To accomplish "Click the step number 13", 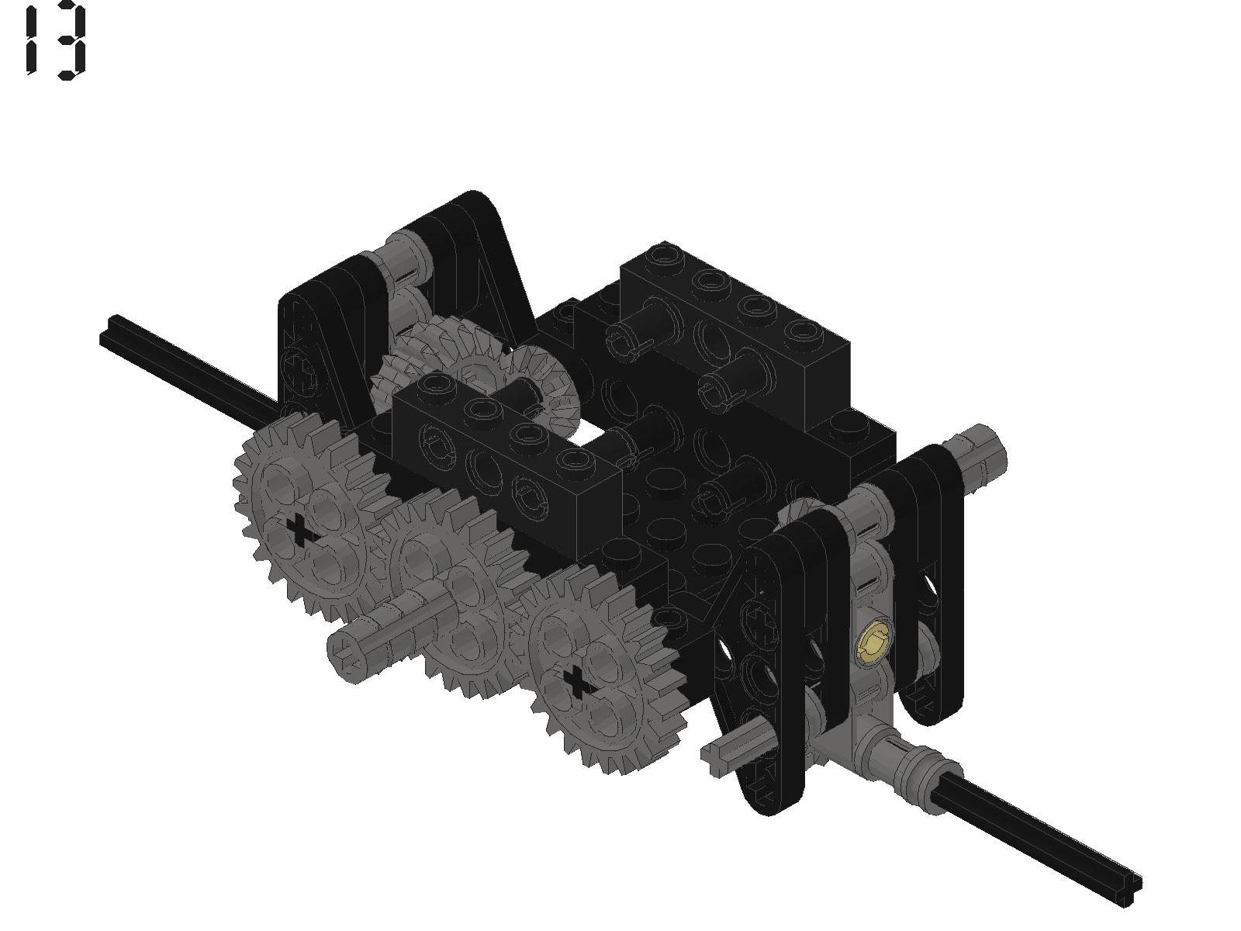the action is [56, 40].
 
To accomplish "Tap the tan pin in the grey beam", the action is [873, 642].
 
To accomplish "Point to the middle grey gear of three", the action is [452, 588].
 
